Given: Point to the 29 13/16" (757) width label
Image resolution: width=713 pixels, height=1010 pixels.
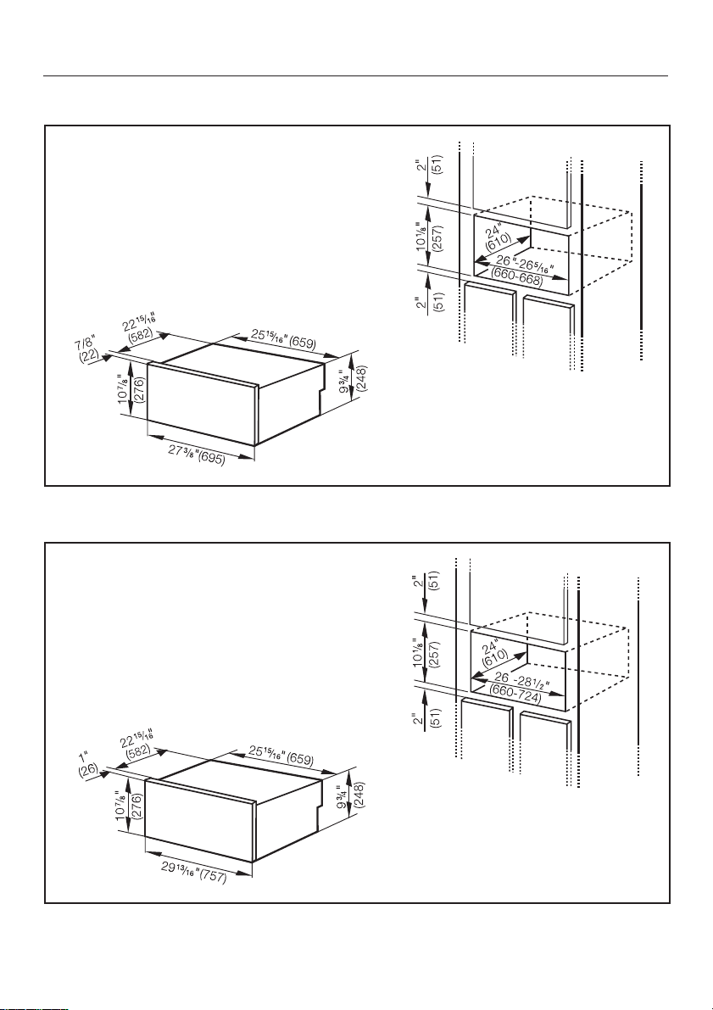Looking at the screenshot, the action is coord(194,872).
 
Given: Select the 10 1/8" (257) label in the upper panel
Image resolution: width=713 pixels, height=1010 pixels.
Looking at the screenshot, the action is coord(429,237).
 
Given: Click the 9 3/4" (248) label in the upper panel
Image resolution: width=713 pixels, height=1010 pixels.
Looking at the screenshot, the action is coord(354,379).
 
